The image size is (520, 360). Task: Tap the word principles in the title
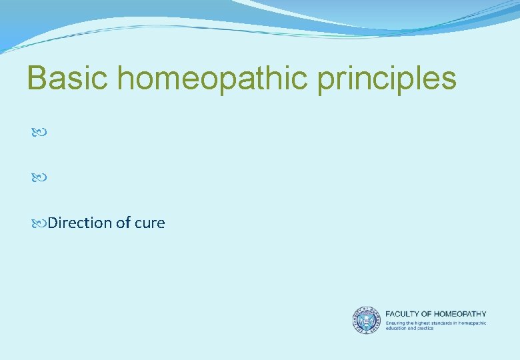387,78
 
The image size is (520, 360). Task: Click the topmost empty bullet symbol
39,133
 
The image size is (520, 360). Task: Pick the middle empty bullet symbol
39,178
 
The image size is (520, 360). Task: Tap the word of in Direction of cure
123,223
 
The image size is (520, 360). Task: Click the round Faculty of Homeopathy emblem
366,320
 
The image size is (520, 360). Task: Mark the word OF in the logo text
429,314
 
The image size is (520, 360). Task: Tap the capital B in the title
36,78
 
